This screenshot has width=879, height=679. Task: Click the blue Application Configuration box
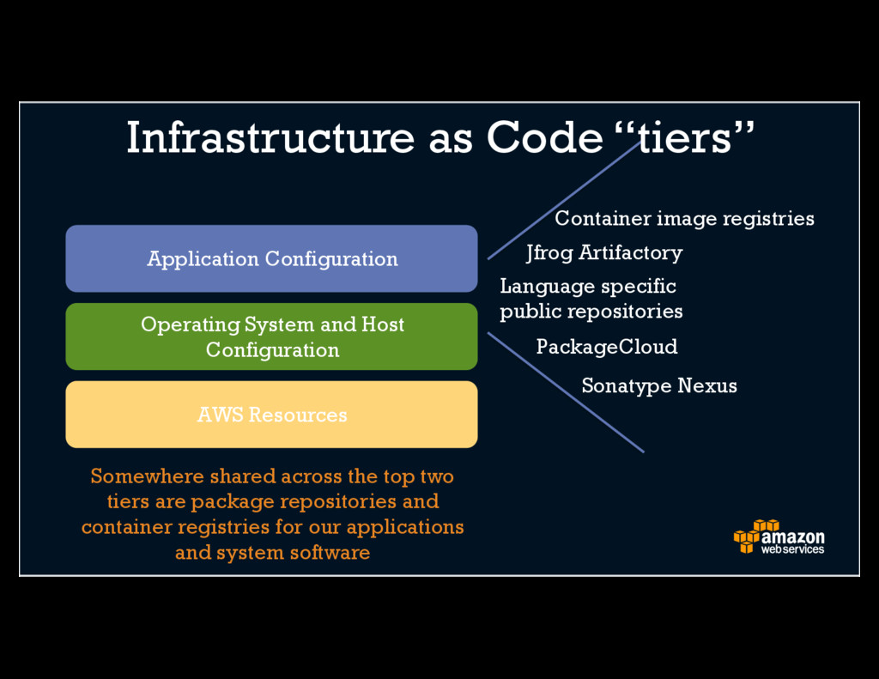[271, 258]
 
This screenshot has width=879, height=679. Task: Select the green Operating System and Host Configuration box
[271, 336]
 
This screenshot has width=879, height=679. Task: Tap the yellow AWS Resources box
[271, 415]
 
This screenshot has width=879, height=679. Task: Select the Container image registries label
[684, 218]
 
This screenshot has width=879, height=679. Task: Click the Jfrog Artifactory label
[603, 252]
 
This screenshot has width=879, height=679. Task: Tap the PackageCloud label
[606, 347]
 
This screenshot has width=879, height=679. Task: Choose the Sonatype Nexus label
[658, 385]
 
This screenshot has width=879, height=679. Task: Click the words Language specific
[587, 286]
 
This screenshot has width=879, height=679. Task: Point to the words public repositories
[591, 311]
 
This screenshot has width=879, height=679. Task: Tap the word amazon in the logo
[792, 537]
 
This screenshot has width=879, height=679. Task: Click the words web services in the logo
[791, 549]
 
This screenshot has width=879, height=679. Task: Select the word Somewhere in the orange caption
[147, 476]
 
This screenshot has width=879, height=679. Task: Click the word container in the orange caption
[126, 526]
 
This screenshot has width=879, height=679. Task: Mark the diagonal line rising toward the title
[563, 201]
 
